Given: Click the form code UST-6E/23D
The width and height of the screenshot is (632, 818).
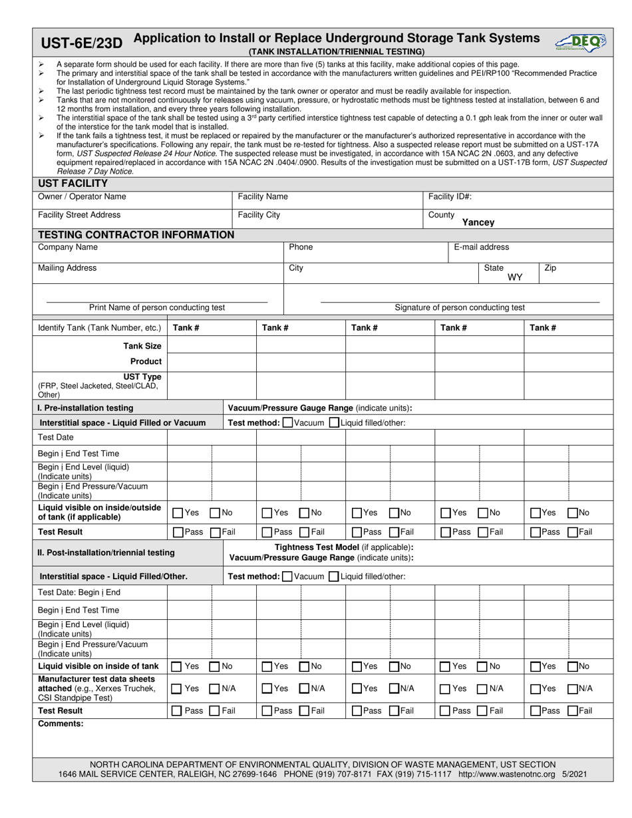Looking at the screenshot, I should [x=82, y=44].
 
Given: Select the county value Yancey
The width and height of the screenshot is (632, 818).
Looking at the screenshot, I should [x=478, y=223].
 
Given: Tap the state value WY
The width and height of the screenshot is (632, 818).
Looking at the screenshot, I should [x=515, y=277].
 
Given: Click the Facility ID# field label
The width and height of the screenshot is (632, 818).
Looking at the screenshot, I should [x=450, y=197].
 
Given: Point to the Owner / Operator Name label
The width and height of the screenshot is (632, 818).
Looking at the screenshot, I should [x=82, y=197].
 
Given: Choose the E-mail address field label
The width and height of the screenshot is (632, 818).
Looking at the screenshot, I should [x=481, y=247].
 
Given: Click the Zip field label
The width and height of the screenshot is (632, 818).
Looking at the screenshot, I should [x=550, y=268].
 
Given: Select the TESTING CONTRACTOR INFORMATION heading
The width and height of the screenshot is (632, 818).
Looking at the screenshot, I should [x=136, y=235].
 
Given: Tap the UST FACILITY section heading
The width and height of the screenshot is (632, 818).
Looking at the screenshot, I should [x=73, y=184].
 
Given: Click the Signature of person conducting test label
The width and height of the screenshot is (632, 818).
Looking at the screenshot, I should [x=460, y=307].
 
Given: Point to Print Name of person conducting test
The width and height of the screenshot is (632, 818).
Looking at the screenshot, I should [x=157, y=307].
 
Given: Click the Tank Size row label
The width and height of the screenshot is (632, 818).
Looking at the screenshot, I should [x=142, y=346].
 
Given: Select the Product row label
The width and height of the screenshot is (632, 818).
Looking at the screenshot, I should [x=146, y=361].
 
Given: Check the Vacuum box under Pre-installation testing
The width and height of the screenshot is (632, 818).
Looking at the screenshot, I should [x=287, y=423].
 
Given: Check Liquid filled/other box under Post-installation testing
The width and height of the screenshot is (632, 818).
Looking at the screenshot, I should [x=335, y=577].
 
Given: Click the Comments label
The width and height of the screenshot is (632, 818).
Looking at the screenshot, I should [x=61, y=724].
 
